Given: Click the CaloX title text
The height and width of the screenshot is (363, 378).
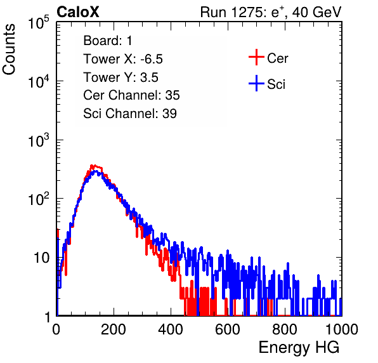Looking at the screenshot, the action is click(x=78, y=12).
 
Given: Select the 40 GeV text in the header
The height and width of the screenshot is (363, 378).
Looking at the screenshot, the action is click(x=316, y=12).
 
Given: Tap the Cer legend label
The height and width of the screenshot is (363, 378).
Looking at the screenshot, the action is click(x=277, y=58).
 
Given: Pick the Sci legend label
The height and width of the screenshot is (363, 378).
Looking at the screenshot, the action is click(x=277, y=84).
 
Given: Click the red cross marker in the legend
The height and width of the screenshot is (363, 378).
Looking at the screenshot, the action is click(x=256, y=57).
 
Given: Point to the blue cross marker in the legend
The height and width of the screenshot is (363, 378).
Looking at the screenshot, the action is click(x=256, y=83).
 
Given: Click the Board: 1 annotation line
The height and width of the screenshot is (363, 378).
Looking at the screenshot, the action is click(x=108, y=41).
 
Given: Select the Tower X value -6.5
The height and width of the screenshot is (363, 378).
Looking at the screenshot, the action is click(x=152, y=59).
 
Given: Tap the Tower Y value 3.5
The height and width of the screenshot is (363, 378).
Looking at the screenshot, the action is click(x=149, y=77).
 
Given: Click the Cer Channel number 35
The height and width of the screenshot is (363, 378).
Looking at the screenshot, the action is click(x=173, y=95).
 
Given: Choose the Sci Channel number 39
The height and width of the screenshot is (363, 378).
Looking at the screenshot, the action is click(x=169, y=114).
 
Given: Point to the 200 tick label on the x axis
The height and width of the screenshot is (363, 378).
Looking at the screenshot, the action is click(x=114, y=329).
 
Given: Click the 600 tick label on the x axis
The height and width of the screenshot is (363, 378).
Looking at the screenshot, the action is click(x=228, y=329).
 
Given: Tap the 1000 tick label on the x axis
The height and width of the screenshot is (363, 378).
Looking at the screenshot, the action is click(x=342, y=329).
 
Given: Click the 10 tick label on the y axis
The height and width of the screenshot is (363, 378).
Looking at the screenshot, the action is click(x=41, y=258).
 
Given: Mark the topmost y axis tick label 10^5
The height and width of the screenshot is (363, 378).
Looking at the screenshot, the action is click(x=39, y=22).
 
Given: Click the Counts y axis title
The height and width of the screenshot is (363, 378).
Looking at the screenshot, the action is click(x=9, y=49).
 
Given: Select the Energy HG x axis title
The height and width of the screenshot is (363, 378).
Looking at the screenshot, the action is click(x=299, y=348).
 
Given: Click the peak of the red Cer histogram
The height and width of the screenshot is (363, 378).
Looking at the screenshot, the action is click(x=92, y=166).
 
